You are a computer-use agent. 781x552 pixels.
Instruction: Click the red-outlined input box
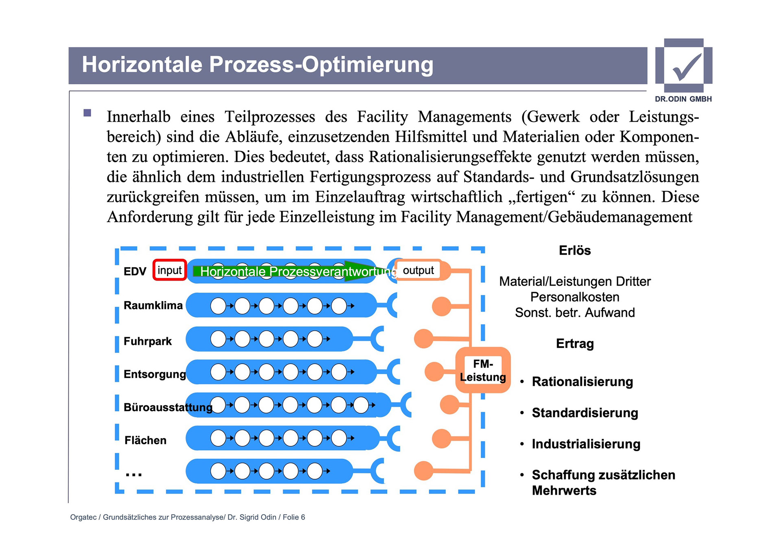[x=170, y=270]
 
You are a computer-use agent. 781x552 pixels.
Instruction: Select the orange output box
[x=418, y=270]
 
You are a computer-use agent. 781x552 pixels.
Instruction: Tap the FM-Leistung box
[x=483, y=370]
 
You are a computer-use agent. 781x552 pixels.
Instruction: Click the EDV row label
[x=135, y=271]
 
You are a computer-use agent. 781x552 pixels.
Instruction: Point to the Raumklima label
[x=153, y=305]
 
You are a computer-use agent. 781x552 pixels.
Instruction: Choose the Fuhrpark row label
[x=148, y=341]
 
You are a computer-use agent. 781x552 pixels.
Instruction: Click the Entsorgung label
[x=155, y=374]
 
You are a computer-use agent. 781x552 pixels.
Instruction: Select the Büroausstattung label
[x=168, y=407]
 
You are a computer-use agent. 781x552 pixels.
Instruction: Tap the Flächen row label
[x=146, y=440]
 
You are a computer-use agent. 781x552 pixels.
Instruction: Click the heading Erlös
[x=575, y=250]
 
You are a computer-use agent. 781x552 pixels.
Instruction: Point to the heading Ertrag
[x=575, y=344]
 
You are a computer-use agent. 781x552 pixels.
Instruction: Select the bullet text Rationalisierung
[x=582, y=382]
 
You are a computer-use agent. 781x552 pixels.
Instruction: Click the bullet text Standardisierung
[x=585, y=413]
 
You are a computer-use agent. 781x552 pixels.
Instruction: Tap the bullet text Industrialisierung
[x=586, y=444]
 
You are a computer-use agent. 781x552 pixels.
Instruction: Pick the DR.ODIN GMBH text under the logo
[x=683, y=99]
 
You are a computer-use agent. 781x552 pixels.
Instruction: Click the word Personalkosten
[x=575, y=297]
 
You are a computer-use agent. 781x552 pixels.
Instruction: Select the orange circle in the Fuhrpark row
[x=423, y=338]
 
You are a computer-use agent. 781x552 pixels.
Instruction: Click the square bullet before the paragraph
[x=87, y=113]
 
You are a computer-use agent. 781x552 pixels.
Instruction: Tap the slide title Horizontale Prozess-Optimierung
[x=257, y=65]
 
